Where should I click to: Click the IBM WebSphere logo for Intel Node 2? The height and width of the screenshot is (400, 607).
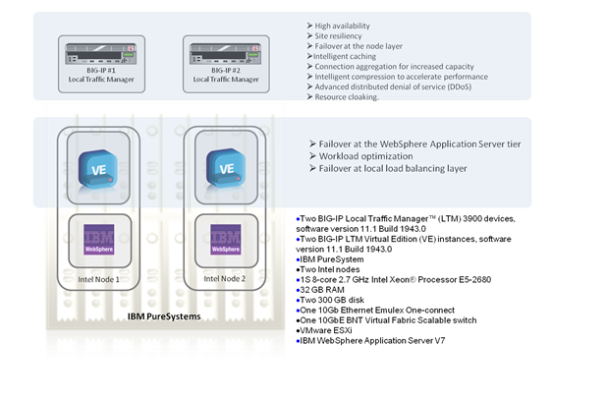pos(226,242)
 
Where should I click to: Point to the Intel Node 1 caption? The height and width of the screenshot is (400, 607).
pos(99,279)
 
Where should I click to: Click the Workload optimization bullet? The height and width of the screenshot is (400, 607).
pos(364,157)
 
